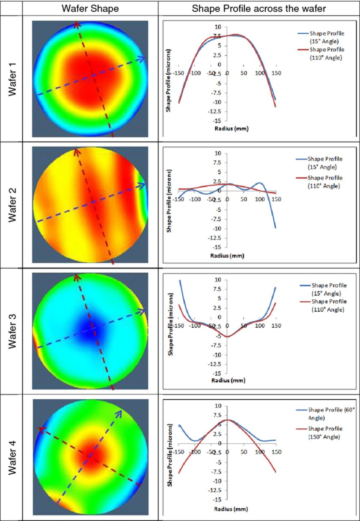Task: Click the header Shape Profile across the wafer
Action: point(259,8)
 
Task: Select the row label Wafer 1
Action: point(13,79)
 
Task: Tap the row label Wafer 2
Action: point(13,205)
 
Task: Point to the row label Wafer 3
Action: point(13,331)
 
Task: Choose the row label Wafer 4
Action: point(13,458)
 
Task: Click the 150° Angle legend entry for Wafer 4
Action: point(325,432)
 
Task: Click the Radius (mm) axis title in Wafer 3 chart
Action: point(229,381)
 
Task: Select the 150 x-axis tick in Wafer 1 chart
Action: point(276,73)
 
